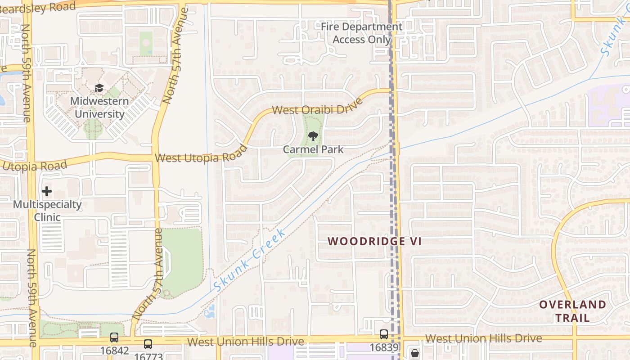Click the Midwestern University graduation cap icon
[99, 88]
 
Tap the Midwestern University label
[99, 108]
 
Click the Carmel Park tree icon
[313, 136]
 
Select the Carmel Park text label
[313, 149]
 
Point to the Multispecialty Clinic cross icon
[46, 192]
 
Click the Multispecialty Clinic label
[47, 211]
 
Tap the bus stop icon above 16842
[114, 337]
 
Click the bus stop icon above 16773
[148, 345]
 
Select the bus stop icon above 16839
[383, 334]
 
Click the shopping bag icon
[414, 353]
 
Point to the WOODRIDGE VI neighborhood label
[374, 241]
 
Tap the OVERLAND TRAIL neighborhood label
[572, 311]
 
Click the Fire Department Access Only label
[361, 33]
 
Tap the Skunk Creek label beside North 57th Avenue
[249, 259]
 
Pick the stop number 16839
[384, 348]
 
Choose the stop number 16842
[115, 351]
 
